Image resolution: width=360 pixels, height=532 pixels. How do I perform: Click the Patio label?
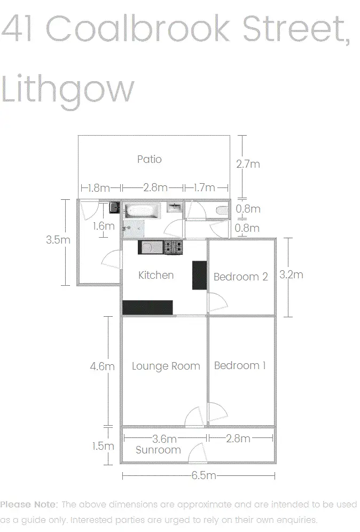pos(149,159)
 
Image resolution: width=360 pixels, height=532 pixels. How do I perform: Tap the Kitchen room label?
pos(156,276)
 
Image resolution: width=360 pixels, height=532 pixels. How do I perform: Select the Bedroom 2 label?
pos(240,277)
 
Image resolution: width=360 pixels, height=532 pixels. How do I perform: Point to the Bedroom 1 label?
pos(240,366)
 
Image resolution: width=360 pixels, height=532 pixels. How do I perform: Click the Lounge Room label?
pos(166,366)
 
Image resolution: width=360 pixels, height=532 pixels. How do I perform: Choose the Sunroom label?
pos(158,450)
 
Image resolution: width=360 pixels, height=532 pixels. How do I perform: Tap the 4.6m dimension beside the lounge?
pos(102,366)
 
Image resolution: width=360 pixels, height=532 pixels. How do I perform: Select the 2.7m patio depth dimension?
pos(248,164)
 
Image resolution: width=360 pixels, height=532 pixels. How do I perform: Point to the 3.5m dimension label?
pos(58,240)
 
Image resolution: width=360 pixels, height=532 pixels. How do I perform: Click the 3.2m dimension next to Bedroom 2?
pos(291,275)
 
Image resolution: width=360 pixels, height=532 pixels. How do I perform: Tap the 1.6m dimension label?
pos(103,226)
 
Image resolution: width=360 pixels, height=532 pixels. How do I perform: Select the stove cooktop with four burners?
pos(174,247)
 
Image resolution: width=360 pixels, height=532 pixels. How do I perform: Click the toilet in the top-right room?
pos(223,210)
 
